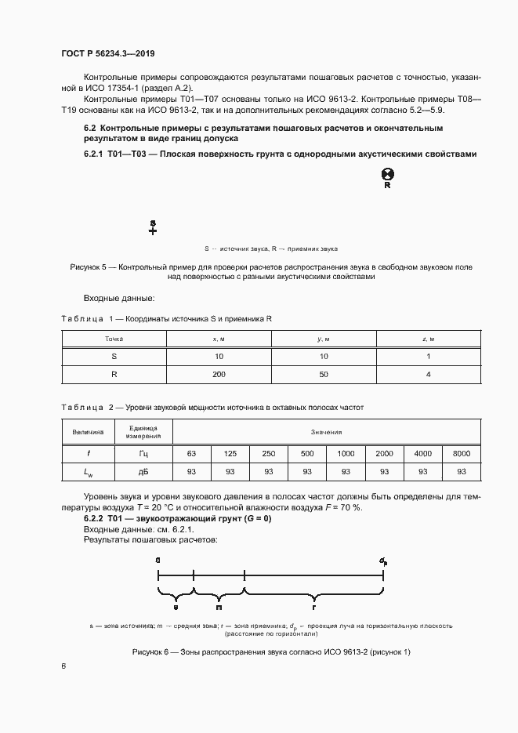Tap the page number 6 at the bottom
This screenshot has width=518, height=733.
[x=63, y=666]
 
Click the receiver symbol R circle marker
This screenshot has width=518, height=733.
[x=387, y=175]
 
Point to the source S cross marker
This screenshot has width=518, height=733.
[x=153, y=230]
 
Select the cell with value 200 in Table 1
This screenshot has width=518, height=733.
[x=219, y=375]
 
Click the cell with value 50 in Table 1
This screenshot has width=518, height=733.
[x=324, y=375]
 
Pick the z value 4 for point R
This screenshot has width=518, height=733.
[x=429, y=375]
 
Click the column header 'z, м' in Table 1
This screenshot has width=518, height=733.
[x=429, y=338]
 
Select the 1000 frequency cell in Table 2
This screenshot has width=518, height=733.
[x=346, y=453]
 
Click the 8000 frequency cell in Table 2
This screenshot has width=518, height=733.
[x=462, y=453]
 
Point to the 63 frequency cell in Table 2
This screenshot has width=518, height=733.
[x=191, y=453]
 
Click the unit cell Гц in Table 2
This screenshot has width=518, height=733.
[x=143, y=453]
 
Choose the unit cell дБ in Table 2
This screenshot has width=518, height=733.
[x=143, y=471]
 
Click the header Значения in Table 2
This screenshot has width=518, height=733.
[x=327, y=431]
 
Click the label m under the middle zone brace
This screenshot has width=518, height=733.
[x=219, y=608]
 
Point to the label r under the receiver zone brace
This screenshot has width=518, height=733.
[x=313, y=608]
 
